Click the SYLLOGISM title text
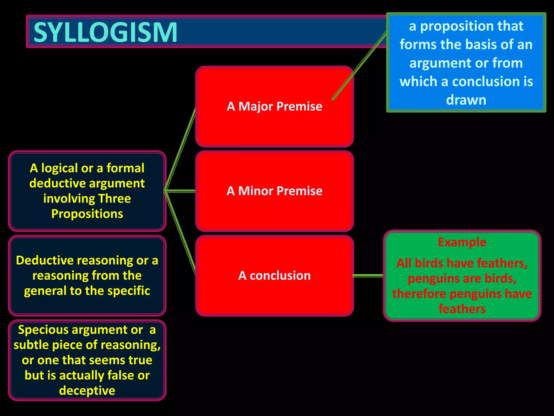click(105, 32)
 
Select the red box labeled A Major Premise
click(274, 127)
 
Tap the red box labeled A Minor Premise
click(274, 211)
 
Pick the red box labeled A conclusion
click(274, 295)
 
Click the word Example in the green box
click(462, 242)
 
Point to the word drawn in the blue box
click(466, 100)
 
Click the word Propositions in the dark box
click(87, 214)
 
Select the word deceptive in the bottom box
click(87, 391)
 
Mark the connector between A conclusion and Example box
click(368, 275)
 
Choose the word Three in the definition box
click(115, 199)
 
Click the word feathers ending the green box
click(462, 309)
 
